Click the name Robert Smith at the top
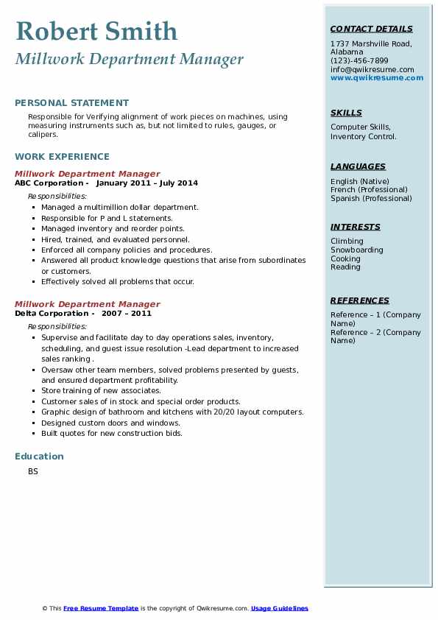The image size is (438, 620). point(96,31)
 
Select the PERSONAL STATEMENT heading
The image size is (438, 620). point(71,103)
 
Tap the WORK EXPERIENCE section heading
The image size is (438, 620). point(62,156)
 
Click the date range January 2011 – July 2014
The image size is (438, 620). point(146,183)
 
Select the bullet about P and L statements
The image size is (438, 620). point(107,218)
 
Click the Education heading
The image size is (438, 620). point(39,457)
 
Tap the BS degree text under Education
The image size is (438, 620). point(33,471)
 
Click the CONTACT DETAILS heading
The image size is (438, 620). point(371,29)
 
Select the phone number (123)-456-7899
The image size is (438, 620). point(359,61)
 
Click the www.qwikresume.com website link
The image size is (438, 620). point(377,77)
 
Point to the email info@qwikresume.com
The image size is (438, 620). point(372,69)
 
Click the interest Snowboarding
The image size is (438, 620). point(356,250)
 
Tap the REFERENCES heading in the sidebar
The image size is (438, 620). point(360,300)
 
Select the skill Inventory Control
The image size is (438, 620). point(363,136)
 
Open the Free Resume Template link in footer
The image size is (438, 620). point(101,608)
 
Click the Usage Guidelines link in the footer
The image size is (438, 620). point(279,608)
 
